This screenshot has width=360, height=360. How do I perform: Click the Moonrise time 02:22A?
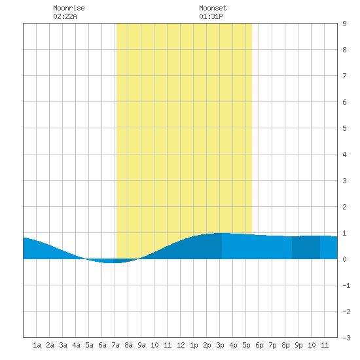65,16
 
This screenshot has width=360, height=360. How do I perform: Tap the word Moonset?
213,8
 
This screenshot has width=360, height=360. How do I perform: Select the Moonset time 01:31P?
211,16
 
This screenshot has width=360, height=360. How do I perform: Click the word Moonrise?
69,8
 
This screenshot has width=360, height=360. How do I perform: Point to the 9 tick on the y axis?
344,24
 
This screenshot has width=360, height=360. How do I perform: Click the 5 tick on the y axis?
344,128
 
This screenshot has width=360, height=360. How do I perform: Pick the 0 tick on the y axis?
344,259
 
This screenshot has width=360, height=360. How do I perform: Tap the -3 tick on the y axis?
346,338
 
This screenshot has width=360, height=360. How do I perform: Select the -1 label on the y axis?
346,285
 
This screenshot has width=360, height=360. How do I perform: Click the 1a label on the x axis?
37,345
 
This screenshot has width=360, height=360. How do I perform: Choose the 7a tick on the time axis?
115,345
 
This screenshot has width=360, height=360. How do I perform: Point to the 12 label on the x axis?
181,345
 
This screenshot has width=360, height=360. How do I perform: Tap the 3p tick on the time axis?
220,345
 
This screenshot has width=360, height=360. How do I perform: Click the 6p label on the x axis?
259,345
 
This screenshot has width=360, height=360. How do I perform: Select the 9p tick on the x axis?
298,345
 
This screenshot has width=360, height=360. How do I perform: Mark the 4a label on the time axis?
76,345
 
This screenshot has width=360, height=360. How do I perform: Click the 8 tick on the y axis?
344,50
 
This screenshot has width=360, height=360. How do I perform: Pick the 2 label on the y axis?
344,207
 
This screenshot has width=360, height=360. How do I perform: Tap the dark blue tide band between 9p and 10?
306,247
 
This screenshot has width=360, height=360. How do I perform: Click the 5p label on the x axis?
246,345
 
